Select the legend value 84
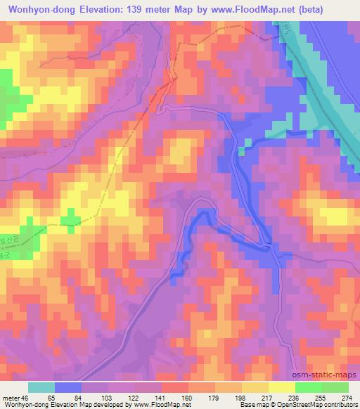[x=77, y=397]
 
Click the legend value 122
[x=129, y=397]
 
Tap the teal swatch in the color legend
[x=41, y=387]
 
